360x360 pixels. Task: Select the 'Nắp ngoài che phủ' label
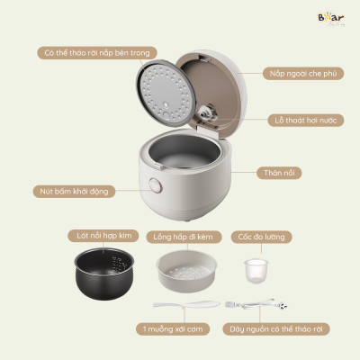[x=301, y=72]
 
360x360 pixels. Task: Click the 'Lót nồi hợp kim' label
[x=101, y=236]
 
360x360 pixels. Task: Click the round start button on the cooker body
[x=154, y=187]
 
